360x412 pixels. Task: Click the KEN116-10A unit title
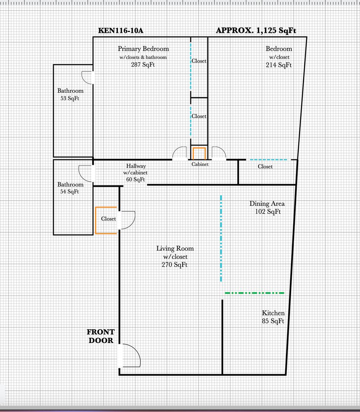pos(121,31)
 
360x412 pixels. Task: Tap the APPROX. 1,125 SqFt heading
pos(256,31)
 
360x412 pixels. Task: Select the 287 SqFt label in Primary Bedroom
pos(143,64)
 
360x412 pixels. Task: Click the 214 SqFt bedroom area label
pos(279,65)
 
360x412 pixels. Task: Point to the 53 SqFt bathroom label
pos(70,98)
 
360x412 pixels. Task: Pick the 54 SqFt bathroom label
pos(69,192)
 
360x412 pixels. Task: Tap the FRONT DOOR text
pos(101,336)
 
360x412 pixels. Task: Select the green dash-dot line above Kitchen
pos(254,293)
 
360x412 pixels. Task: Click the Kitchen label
pos(273,313)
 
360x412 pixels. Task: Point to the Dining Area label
pos(267,204)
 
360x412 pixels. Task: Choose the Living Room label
pos(175,249)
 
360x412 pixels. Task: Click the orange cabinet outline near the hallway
pos(199,148)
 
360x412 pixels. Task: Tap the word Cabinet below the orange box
pos(200,164)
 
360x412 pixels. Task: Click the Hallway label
pos(136,166)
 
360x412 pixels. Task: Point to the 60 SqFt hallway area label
pos(135,179)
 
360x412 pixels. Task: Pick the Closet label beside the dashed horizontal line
pos(265,167)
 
